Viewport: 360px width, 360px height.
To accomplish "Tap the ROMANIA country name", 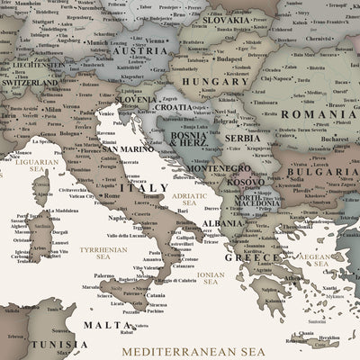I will [318, 114].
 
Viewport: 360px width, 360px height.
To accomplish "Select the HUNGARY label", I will [216, 81].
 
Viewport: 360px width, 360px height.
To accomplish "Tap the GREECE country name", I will [253, 257].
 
